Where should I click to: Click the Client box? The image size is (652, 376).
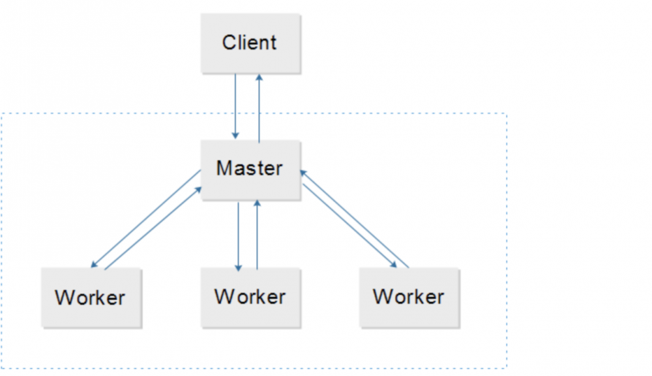point(250,44)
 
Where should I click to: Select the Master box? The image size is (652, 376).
point(250,169)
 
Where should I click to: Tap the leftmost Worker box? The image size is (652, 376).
point(91,297)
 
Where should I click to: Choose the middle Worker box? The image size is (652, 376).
point(250,297)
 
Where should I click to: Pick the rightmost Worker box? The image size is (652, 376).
point(409,297)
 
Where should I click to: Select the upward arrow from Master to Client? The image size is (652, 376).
point(259,108)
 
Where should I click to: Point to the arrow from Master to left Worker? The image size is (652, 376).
point(145,219)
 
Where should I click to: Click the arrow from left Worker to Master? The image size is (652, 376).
point(154,229)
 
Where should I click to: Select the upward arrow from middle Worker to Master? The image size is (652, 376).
point(258,235)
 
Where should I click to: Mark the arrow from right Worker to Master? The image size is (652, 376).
point(355,218)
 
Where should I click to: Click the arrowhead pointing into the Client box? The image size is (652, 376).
point(259,77)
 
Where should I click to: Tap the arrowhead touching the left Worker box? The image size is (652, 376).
point(94,265)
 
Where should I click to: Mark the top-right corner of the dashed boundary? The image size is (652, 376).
point(507,113)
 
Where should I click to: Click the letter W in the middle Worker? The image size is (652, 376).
point(224,297)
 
